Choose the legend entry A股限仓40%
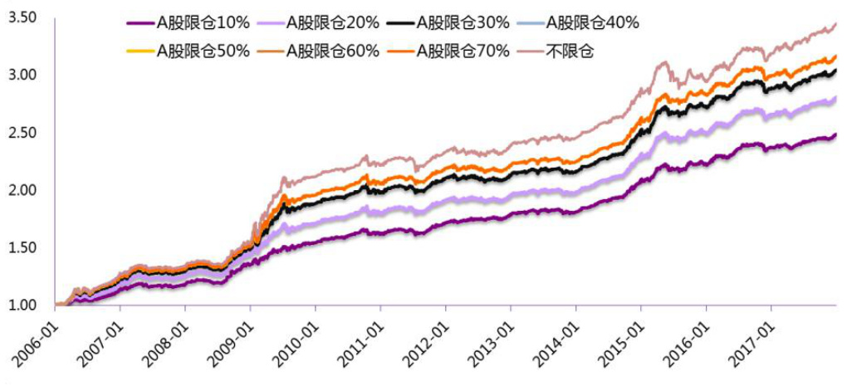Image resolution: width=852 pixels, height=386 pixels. click(x=593, y=23)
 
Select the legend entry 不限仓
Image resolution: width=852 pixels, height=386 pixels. click(x=569, y=51)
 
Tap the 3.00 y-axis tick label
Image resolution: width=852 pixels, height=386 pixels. click(x=22, y=75)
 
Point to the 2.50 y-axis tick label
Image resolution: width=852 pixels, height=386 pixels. click(x=22, y=133)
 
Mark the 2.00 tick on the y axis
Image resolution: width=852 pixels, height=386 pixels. click(x=22, y=190)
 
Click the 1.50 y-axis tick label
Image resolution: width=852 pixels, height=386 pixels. click(x=22, y=247)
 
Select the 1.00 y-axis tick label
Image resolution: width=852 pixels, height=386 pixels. click(x=22, y=305)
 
